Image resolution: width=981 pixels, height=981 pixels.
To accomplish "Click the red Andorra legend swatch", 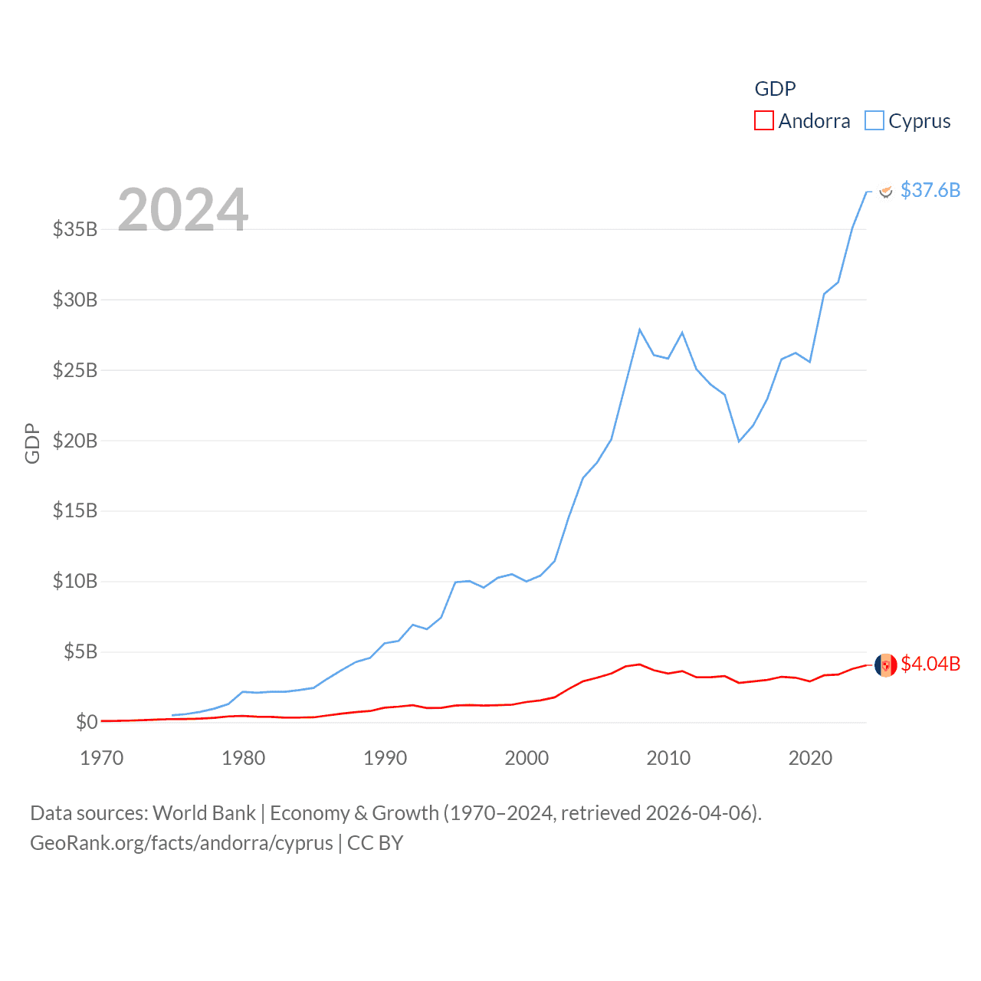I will (764, 121).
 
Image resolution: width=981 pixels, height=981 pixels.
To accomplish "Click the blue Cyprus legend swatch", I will (874, 121).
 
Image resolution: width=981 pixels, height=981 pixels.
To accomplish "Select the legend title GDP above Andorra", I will (775, 89).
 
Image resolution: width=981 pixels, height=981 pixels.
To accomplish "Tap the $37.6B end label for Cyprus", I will (930, 190).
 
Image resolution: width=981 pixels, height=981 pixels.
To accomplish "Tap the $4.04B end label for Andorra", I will (930, 664).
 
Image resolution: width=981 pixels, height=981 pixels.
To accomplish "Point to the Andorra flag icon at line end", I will (886, 665).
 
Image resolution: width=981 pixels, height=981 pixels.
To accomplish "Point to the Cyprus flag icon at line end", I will (886, 191).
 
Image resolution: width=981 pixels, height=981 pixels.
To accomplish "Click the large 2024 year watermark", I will (183, 209).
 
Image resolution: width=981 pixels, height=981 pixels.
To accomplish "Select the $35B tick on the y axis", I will (75, 229).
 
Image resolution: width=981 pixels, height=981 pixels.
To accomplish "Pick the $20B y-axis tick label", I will (75, 441).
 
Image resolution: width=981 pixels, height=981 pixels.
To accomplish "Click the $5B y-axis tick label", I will (80, 652).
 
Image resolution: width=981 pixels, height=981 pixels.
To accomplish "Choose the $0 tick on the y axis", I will (87, 722).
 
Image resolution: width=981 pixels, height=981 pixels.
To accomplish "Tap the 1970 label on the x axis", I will (102, 758).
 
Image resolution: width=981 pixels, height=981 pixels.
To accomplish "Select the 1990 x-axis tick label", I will (386, 758).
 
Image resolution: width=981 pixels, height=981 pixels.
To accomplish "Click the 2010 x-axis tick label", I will (668, 758).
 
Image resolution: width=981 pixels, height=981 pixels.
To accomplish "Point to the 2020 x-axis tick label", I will (810, 758).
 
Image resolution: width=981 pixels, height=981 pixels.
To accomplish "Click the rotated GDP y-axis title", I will (32, 443).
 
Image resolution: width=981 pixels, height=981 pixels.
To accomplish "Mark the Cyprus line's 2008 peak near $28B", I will (640, 330).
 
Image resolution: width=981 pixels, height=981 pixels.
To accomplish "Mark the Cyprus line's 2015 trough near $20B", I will (739, 441).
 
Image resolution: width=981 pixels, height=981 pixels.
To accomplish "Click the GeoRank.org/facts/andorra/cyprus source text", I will (182, 843).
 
